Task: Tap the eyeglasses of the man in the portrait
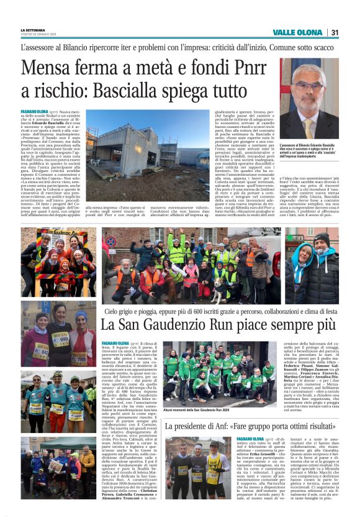(308, 86)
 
